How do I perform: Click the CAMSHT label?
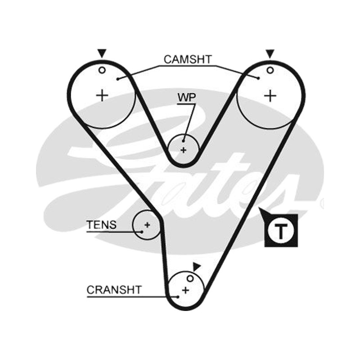tap(188, 59)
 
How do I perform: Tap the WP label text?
tap(187, 98)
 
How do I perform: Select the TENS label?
tap(102, 225)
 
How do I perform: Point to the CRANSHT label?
tap(114, 290)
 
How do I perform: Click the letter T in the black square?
tap(281, 231)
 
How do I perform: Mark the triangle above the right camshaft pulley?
tap(270, 54)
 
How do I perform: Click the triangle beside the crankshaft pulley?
tap(197, 266)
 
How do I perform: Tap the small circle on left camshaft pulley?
tap(102, 70)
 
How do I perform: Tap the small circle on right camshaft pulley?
tap(270, 70)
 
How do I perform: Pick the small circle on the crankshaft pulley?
tap(190, 279)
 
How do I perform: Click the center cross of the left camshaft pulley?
tap(102, 95)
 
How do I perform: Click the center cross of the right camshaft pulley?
tap(270, 95)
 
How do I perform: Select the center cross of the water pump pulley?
tap(183, 150)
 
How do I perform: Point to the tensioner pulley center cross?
tap(147, 225)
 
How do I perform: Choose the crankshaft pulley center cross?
tap(185, 290)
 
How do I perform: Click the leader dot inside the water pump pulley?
tap(183, 141)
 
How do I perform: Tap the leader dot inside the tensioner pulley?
tap(142, 232)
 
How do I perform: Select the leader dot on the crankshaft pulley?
tap(178, 297)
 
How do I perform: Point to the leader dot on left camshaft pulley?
tap(117, 79)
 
